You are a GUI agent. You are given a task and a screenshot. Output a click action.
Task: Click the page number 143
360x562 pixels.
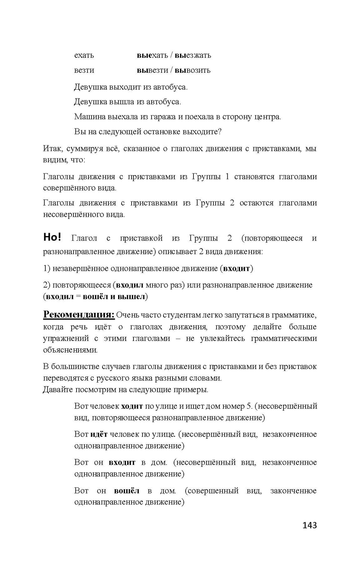(x=309, y=525)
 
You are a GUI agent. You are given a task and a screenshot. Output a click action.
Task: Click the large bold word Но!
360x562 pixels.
(x=52, y=237)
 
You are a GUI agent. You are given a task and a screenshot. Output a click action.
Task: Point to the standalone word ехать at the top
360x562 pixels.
(x=84, y=55)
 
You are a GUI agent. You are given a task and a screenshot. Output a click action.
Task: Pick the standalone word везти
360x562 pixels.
(x=84, y=70)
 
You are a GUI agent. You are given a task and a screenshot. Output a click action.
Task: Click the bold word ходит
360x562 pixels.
(x=132, y=406)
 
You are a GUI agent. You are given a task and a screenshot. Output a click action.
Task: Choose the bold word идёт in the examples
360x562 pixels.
(x=99, y=434)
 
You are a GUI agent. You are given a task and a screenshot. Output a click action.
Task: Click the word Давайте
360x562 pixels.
(x=58, y=390)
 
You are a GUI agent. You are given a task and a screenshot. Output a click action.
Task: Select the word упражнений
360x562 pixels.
(x=64, y=338)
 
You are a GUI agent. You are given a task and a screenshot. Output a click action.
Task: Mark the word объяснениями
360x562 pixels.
(x=70, y=350)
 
